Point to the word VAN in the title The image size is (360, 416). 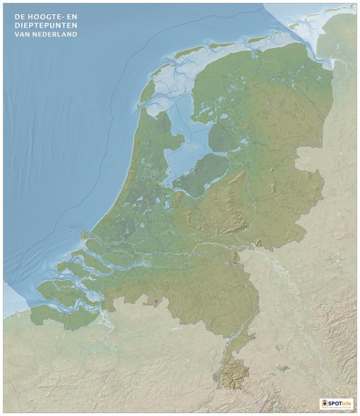pos(15,34)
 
